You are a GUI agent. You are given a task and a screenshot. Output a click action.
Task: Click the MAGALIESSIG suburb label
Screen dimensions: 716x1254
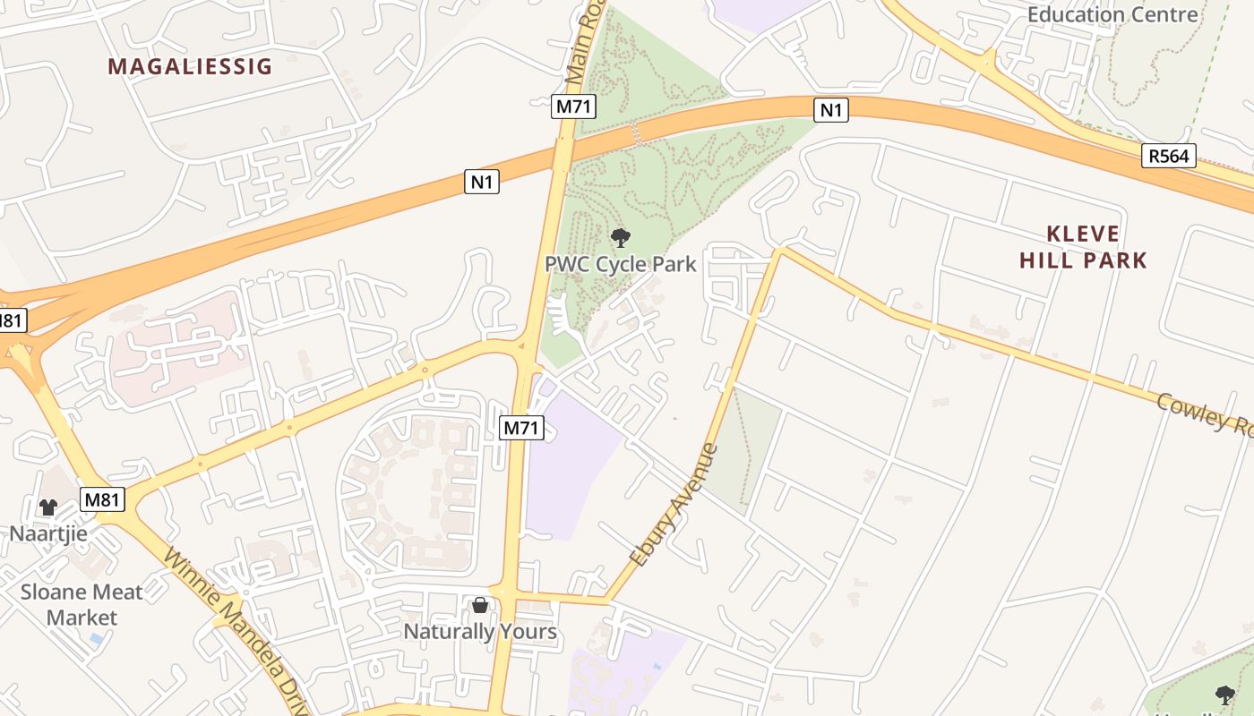(190, 66)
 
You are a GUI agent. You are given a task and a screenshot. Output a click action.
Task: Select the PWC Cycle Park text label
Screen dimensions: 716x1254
(620, 265)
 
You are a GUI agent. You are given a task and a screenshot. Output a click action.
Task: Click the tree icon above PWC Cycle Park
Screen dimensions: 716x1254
(620, 238)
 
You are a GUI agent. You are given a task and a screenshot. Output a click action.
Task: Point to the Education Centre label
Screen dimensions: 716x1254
(1112, 14)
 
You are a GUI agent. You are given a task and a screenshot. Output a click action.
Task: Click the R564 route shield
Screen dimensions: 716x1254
(1170, 157)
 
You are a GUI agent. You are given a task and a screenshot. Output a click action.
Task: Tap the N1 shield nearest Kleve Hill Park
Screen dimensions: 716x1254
(831, 110)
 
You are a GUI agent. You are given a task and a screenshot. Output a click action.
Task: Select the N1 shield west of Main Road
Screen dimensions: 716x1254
(482, 183)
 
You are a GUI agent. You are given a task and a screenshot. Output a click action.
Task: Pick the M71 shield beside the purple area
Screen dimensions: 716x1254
(520, 428)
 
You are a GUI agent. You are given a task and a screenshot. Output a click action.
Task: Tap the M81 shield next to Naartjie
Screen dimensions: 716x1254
(102, 499)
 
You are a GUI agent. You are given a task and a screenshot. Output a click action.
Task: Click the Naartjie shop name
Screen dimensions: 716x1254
(48, 534)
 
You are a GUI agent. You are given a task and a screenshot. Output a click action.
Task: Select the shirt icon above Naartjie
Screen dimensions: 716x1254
(48, 507)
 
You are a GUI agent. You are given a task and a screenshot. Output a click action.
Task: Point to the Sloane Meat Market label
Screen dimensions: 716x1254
(82, 604)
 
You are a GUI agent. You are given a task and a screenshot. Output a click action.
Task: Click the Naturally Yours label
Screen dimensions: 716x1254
(480, 632)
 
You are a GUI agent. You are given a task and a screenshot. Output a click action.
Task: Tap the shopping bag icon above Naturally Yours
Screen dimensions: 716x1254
(480, 606)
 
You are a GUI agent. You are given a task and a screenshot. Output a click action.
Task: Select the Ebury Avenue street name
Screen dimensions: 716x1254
(674, 505)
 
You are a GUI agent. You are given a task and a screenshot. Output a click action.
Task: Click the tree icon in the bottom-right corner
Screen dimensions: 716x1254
(1224, 695)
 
